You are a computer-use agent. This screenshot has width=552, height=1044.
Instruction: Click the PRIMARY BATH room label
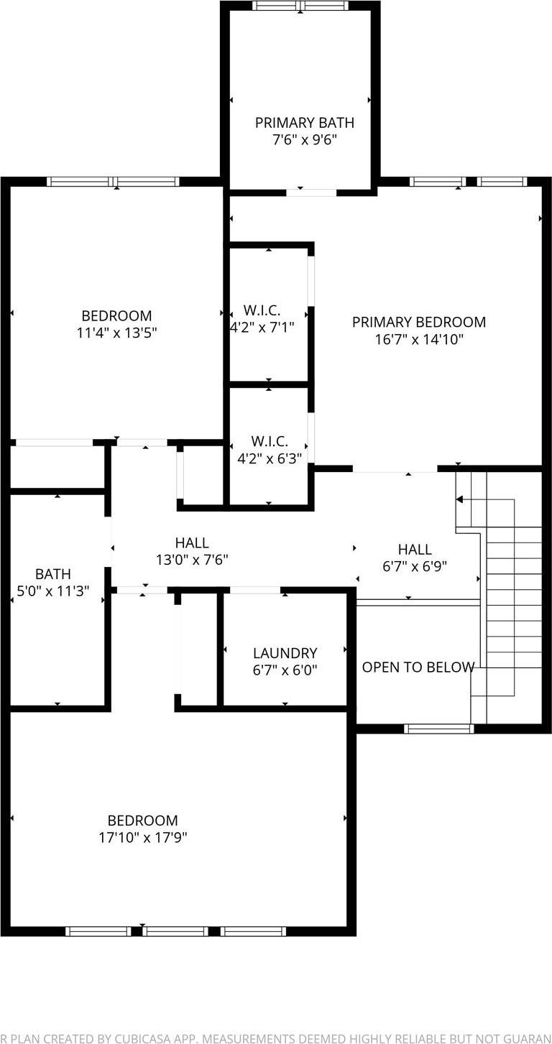[304, 123]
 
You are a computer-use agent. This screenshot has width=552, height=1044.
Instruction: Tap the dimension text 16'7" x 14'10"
[419, 339]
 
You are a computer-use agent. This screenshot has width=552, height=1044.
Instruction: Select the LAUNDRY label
[285, 653]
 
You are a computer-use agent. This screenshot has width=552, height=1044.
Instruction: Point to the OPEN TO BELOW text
[418, 667]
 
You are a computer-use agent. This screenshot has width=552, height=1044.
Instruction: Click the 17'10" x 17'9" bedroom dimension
[142, 837]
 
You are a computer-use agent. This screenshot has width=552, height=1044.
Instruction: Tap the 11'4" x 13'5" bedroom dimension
[116, 333]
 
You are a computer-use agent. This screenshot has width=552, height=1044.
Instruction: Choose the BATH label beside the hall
[53, 574]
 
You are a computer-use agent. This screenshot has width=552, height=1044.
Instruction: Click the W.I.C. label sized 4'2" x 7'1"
[262, 310]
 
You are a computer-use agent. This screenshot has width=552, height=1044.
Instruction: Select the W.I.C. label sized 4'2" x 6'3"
[270, 440]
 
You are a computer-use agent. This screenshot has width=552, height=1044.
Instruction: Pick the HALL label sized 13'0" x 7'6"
[192, 543]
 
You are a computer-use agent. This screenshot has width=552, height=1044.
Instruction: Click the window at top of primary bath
[300, 6]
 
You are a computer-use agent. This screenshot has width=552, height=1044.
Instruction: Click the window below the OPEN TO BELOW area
[438, 729]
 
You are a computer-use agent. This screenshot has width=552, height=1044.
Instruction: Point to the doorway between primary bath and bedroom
[311, 193]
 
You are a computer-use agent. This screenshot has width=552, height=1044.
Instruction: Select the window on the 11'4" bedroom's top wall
[113, 181]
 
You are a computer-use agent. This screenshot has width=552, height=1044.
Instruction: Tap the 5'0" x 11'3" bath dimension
[53, 591]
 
